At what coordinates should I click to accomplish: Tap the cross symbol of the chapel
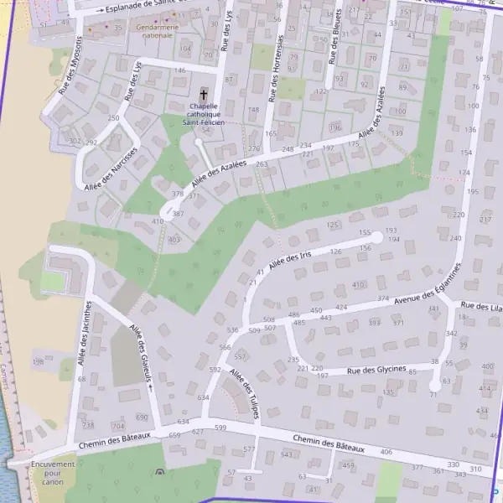(204, 95)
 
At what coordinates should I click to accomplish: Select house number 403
(174, 240)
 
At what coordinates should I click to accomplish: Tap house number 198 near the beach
(39, 362)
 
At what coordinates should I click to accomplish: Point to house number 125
(333, 225)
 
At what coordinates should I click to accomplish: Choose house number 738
(88, 426)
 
